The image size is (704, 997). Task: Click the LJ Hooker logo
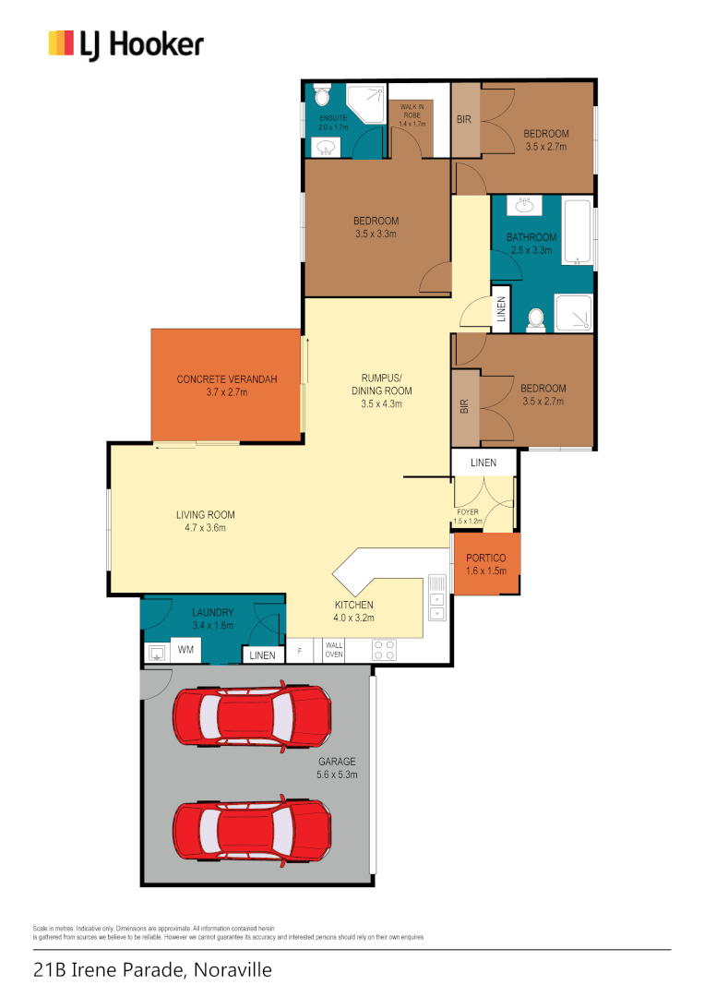click(x=125, y=44)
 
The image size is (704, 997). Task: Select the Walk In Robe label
click(x=412, y=115)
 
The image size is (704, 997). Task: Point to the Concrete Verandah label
click(x=227, y=385)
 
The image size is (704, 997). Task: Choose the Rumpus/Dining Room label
click(x=381, y=390)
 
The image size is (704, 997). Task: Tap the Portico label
click(x=486, y=564)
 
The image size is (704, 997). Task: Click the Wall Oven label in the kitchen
click(x=334, y=650)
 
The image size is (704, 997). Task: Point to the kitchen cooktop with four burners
click(x=385, y=650)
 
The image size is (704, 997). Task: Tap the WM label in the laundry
click(x=185, y=649)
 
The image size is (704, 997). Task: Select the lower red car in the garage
click(x=252, y=831)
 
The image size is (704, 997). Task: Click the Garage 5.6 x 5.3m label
click(x=337, y=767)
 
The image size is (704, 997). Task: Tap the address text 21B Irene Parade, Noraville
click(x=152, y=969)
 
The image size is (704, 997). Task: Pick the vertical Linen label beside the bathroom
click(x=501, y=308)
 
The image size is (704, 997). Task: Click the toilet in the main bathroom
click(x=537, y=319)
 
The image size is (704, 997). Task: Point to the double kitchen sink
click(x=436, y=597)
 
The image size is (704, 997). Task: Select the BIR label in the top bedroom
click(x=464, y=119)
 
